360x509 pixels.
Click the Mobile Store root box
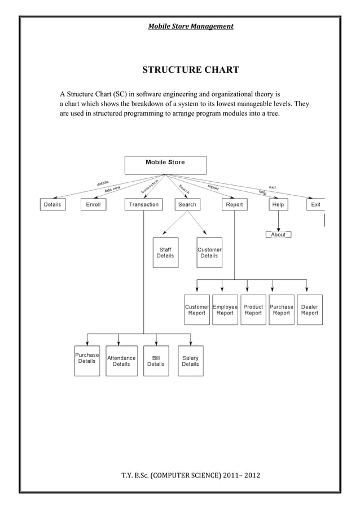[x=165, y=165]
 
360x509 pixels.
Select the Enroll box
[x=94, y=204]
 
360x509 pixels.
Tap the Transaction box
[x=143, y=204]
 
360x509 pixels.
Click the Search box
[x=187, y=204]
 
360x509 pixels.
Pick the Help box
[x=278, y=204]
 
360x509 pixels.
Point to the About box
[x=278, y=234]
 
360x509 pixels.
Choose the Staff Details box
[x=165, y=252]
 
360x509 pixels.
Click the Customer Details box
[x=209, y=252]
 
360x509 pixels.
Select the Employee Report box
[x=225, y=310]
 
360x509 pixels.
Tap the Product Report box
[x=253, y=310]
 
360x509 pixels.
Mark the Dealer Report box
[x=309, y=310]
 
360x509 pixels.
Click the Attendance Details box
[x=121, y=361]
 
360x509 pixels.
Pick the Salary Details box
[x=190, y=361]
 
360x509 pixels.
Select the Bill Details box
[x=156, y=361]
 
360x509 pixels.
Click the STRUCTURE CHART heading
[x=190, y=70]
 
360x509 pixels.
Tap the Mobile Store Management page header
[x=190, y=26]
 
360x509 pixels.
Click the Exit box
[x=315, y=204]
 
